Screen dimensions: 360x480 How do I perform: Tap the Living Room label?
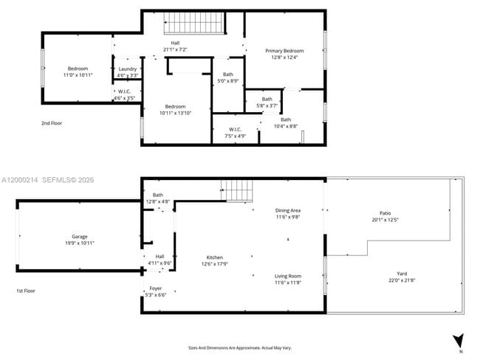(288, 279)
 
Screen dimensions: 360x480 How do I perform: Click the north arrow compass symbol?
(458, 341)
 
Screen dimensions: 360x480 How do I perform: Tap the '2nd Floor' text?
(51, 123)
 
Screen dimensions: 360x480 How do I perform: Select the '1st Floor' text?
(25, 291)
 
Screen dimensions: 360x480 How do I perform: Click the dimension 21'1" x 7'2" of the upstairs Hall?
(175, 49)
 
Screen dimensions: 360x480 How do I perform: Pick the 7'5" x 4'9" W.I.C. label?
(236, 132)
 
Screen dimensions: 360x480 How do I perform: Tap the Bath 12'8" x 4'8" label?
(157, 198)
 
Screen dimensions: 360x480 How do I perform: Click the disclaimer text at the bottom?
(240, 347)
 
